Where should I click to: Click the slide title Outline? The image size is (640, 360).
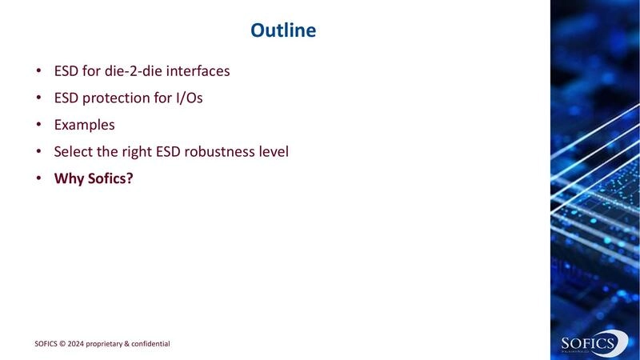click(283, 30)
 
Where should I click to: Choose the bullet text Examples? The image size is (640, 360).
click(84, 125)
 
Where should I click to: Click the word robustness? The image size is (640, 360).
click(227, 151)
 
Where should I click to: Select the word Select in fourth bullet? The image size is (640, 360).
click(73, 151)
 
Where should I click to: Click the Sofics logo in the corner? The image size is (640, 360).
click(590, 344)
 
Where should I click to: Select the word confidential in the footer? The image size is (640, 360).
click(149, 344)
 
